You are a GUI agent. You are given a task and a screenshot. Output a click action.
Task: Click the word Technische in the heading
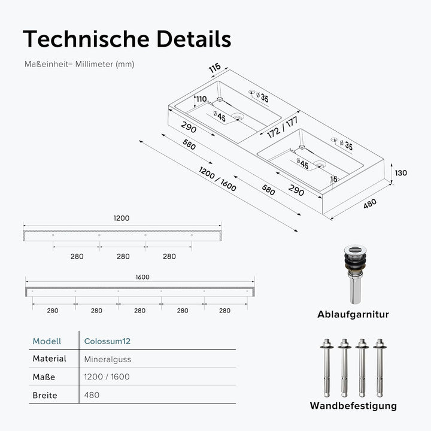coord(86,39)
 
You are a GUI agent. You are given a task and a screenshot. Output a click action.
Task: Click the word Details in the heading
coord(194,39)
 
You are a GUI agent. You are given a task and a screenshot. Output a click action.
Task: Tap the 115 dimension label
coord(215,68)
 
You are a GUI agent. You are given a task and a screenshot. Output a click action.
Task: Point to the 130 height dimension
coord(400,173)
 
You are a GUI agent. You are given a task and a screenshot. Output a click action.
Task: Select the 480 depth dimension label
coord(370,204)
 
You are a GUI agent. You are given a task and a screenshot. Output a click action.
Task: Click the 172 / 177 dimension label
coord(283,128)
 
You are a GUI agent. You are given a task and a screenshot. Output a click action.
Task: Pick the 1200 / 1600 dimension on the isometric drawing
coord(217,179)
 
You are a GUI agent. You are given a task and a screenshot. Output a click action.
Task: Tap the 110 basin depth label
coord(202,99)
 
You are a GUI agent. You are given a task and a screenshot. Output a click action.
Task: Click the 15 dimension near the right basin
coord(333,179)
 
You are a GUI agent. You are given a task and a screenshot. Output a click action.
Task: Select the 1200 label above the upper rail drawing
coord(122,218)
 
